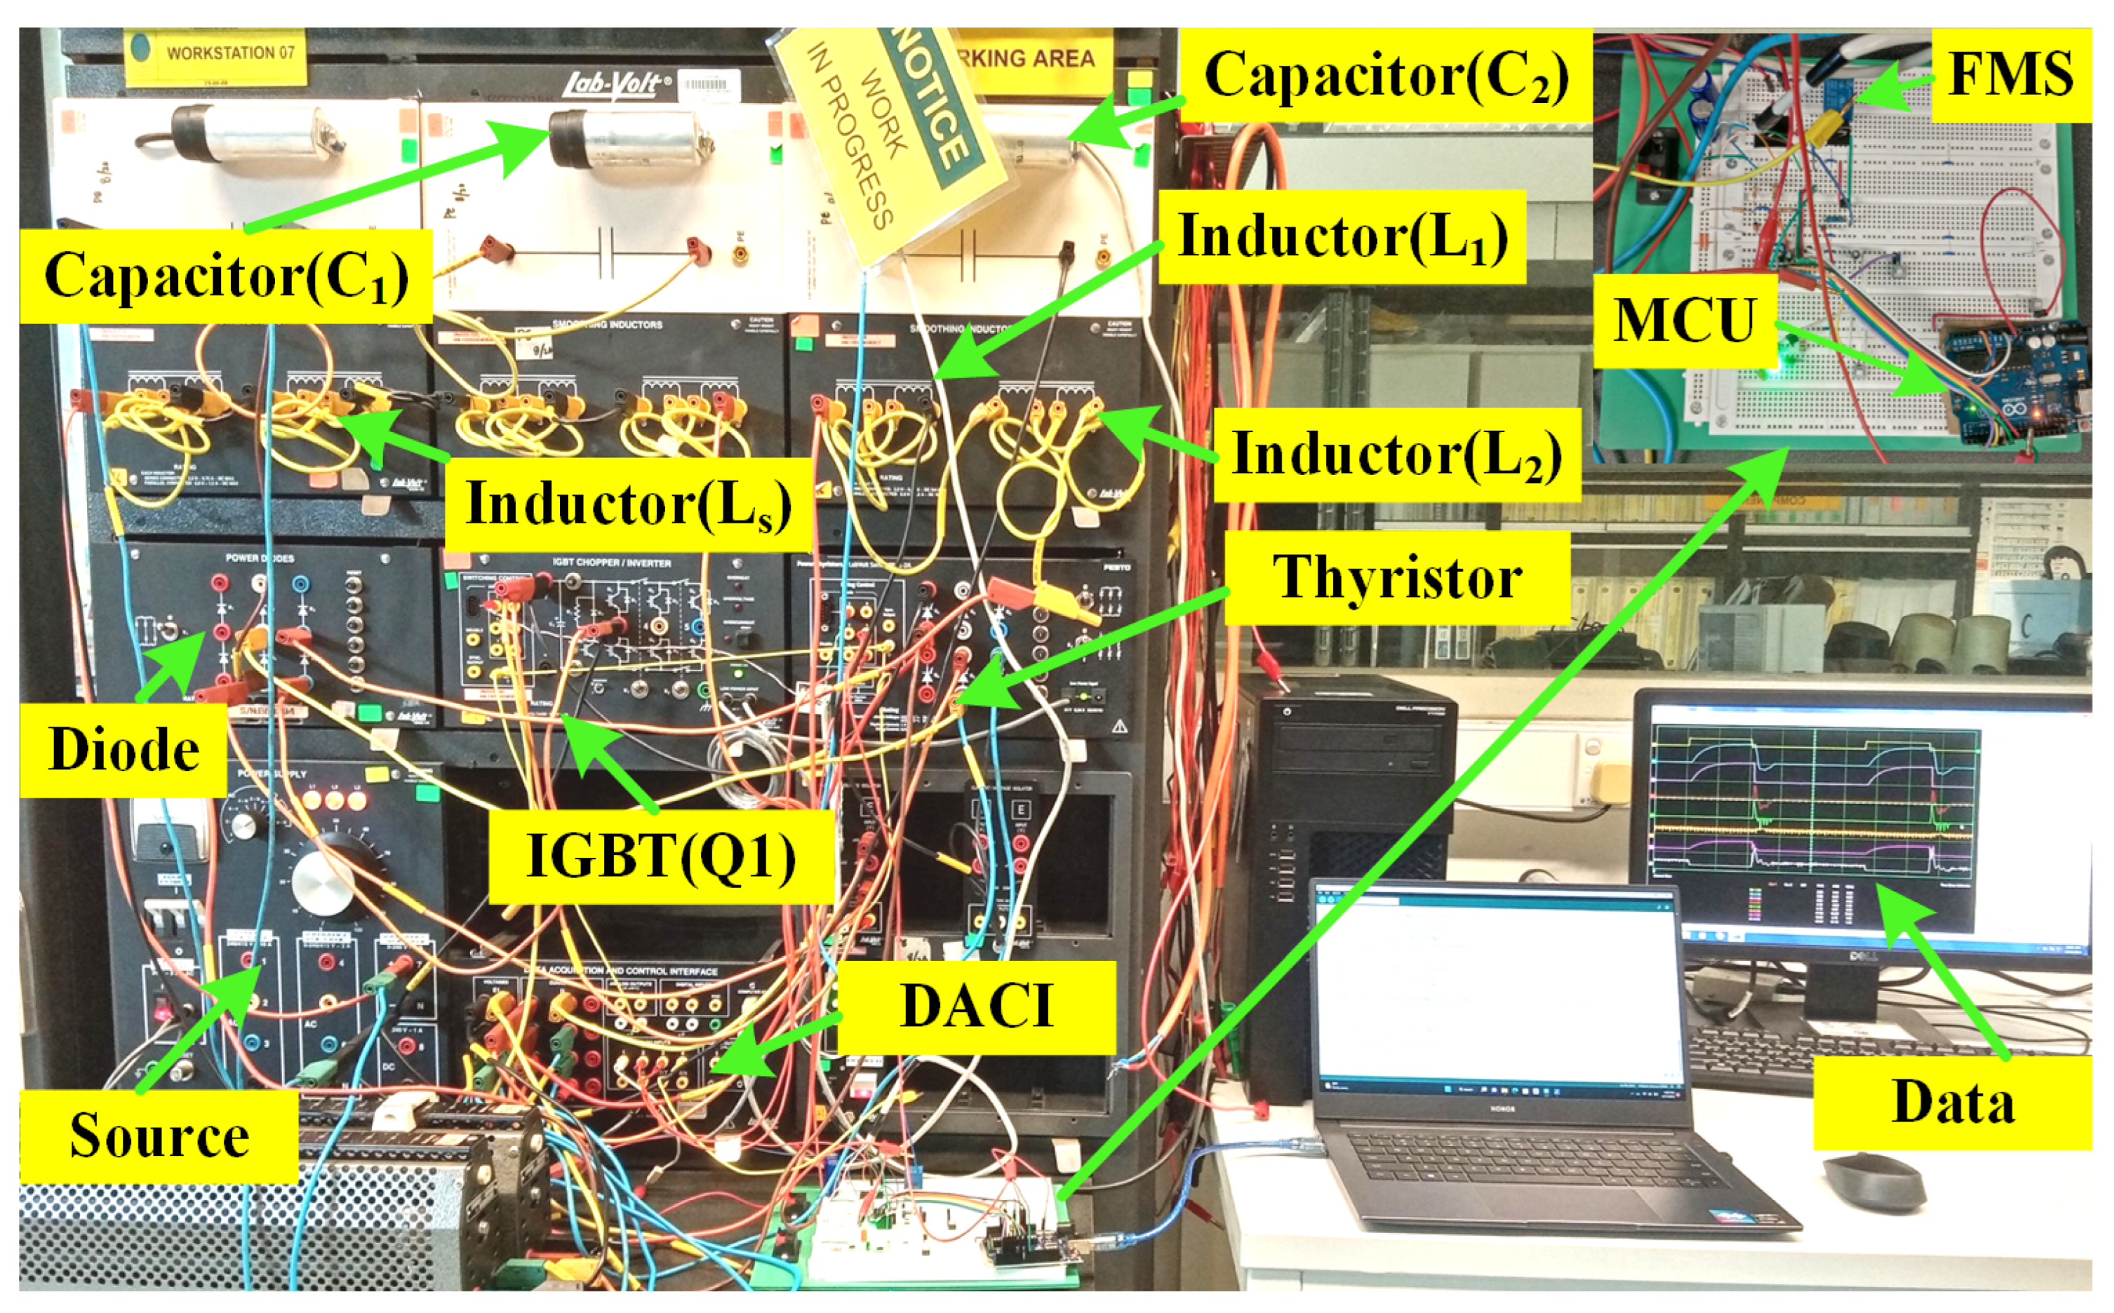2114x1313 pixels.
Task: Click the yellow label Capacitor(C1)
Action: coord(226,276)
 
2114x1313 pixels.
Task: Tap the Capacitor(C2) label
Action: coord(1385,76)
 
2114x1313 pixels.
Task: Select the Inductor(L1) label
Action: coord(1342,236)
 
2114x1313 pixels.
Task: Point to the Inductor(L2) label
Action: coord(1397,454)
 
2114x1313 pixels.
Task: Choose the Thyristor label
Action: coord(1397,577)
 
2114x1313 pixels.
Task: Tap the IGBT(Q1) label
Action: coord(661,856)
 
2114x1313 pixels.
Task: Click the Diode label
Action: coord(123,749)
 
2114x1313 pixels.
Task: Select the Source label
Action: coord(159,1136)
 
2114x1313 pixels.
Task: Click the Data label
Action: coord(1953,1103)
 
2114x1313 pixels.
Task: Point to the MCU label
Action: coord(1684,321)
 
